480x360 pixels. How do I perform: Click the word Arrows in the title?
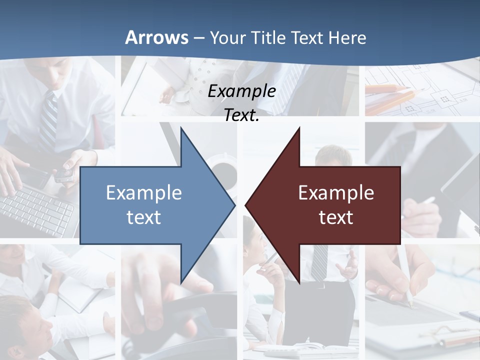(x=156, y=37)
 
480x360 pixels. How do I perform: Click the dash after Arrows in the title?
(x=198, y=38)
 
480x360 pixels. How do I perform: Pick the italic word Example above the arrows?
(x=241, y=91)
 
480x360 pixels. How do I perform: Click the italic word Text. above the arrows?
(x=241, y=115)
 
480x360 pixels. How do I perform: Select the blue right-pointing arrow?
(x=150, y=205)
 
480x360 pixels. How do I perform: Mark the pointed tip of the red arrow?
(x=247, y=205)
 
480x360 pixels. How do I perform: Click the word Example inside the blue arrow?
(x=144, y=192)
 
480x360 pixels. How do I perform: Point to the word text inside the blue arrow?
(x=144, y=217)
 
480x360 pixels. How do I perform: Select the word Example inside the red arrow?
(x=336, y=192)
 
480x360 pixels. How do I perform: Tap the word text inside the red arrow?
(x=336, y=217)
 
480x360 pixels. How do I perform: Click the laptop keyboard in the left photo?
(x=35, y=210)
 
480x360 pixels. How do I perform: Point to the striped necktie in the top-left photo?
(x=48, y=120)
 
